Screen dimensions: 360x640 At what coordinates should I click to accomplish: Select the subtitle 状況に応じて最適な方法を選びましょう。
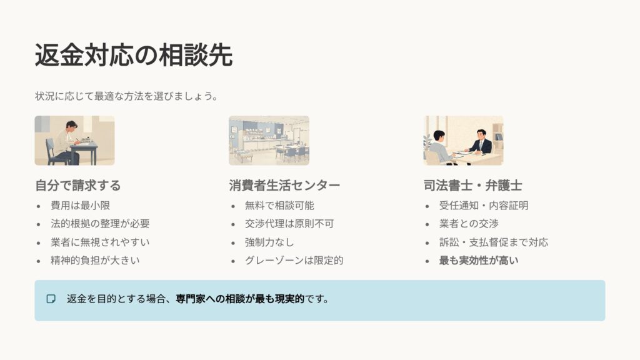[126, 97]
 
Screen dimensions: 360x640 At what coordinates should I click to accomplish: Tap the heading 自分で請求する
[77, 186]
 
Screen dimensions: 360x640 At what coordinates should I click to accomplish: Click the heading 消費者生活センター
[284, 186]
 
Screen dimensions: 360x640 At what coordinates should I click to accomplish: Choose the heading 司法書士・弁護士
[472, 186]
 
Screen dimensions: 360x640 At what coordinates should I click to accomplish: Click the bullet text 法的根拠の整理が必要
[100, 223]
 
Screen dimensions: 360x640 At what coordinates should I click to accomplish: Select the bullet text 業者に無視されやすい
[100, 242]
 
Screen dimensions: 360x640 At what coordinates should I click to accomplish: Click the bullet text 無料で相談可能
[280, 205]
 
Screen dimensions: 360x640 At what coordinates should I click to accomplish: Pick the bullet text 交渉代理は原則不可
[289, 223]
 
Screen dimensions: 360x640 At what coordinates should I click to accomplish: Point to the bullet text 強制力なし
[271, 242]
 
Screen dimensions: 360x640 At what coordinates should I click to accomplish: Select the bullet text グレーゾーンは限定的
[294, 260]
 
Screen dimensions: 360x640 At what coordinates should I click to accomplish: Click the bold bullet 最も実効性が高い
[479, 260]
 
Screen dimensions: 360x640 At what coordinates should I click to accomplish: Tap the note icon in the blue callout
[51, 299]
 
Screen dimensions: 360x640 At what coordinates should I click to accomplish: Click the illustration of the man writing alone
[74, 141]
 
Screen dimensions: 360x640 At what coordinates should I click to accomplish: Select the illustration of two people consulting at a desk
[463, 141]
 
